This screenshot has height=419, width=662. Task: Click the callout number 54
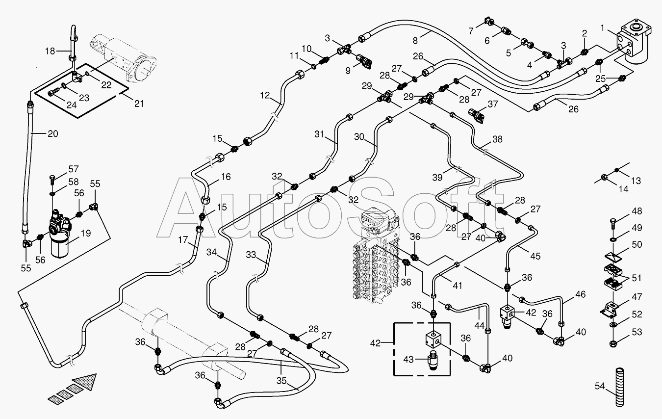tap(600, 386)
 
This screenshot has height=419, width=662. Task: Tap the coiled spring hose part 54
tap(620, 388)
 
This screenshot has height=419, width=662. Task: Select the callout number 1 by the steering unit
tap(603, 28)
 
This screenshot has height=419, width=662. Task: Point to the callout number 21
tap(139, 104)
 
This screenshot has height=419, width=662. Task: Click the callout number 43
tap(409, 359)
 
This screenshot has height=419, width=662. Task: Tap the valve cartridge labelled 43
tap(433, 359)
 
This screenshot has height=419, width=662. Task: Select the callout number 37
tap(493, 104)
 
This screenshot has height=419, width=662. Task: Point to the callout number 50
tap(637, 244)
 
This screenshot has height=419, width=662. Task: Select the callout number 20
tap(53, 133)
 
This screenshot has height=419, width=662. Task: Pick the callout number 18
tap(50, 51)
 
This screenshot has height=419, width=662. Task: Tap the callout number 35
tap(281, 381)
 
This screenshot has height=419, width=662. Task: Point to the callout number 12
tap(265, 95)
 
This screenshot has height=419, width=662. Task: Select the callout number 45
tap(535, 256)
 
